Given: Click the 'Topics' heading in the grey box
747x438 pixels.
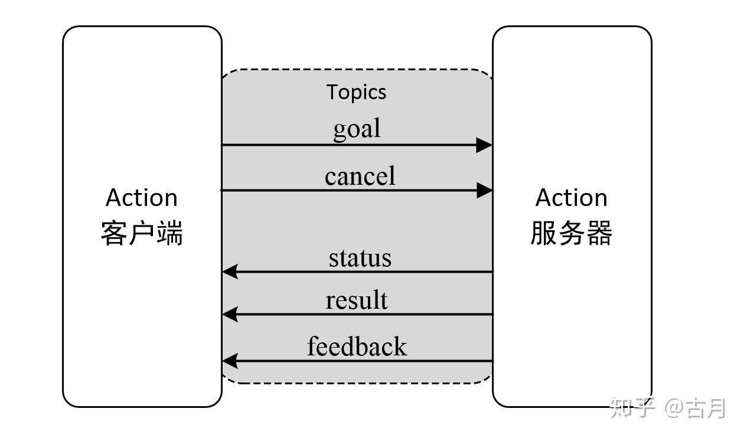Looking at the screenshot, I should tap(357, 92).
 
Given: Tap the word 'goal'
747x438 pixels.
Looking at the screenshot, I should tap(357, 129).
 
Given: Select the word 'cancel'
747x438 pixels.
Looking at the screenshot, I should tap(360, 176).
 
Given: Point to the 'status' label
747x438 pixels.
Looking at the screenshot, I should tap(360, 258).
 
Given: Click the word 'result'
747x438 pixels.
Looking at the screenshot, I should tap(357, 300).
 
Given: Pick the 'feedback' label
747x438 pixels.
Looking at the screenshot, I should tap(357, 346).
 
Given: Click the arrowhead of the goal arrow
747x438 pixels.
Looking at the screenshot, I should tap(484, 145).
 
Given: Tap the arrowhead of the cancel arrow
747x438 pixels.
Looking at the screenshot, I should tap(484, 190).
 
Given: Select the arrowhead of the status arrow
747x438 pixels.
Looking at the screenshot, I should tap(230, 272).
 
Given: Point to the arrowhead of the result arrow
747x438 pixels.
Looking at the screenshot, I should tap(230, 314).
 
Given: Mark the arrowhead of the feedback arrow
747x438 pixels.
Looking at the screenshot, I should tap(230, 360).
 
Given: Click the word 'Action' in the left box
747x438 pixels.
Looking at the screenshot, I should tap(142, 198).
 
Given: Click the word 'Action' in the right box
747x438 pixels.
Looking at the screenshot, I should tap(571, 198).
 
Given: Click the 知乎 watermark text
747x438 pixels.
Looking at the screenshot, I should tap(632, 408).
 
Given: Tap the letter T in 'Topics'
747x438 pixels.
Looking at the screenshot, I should tap(332, 91).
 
